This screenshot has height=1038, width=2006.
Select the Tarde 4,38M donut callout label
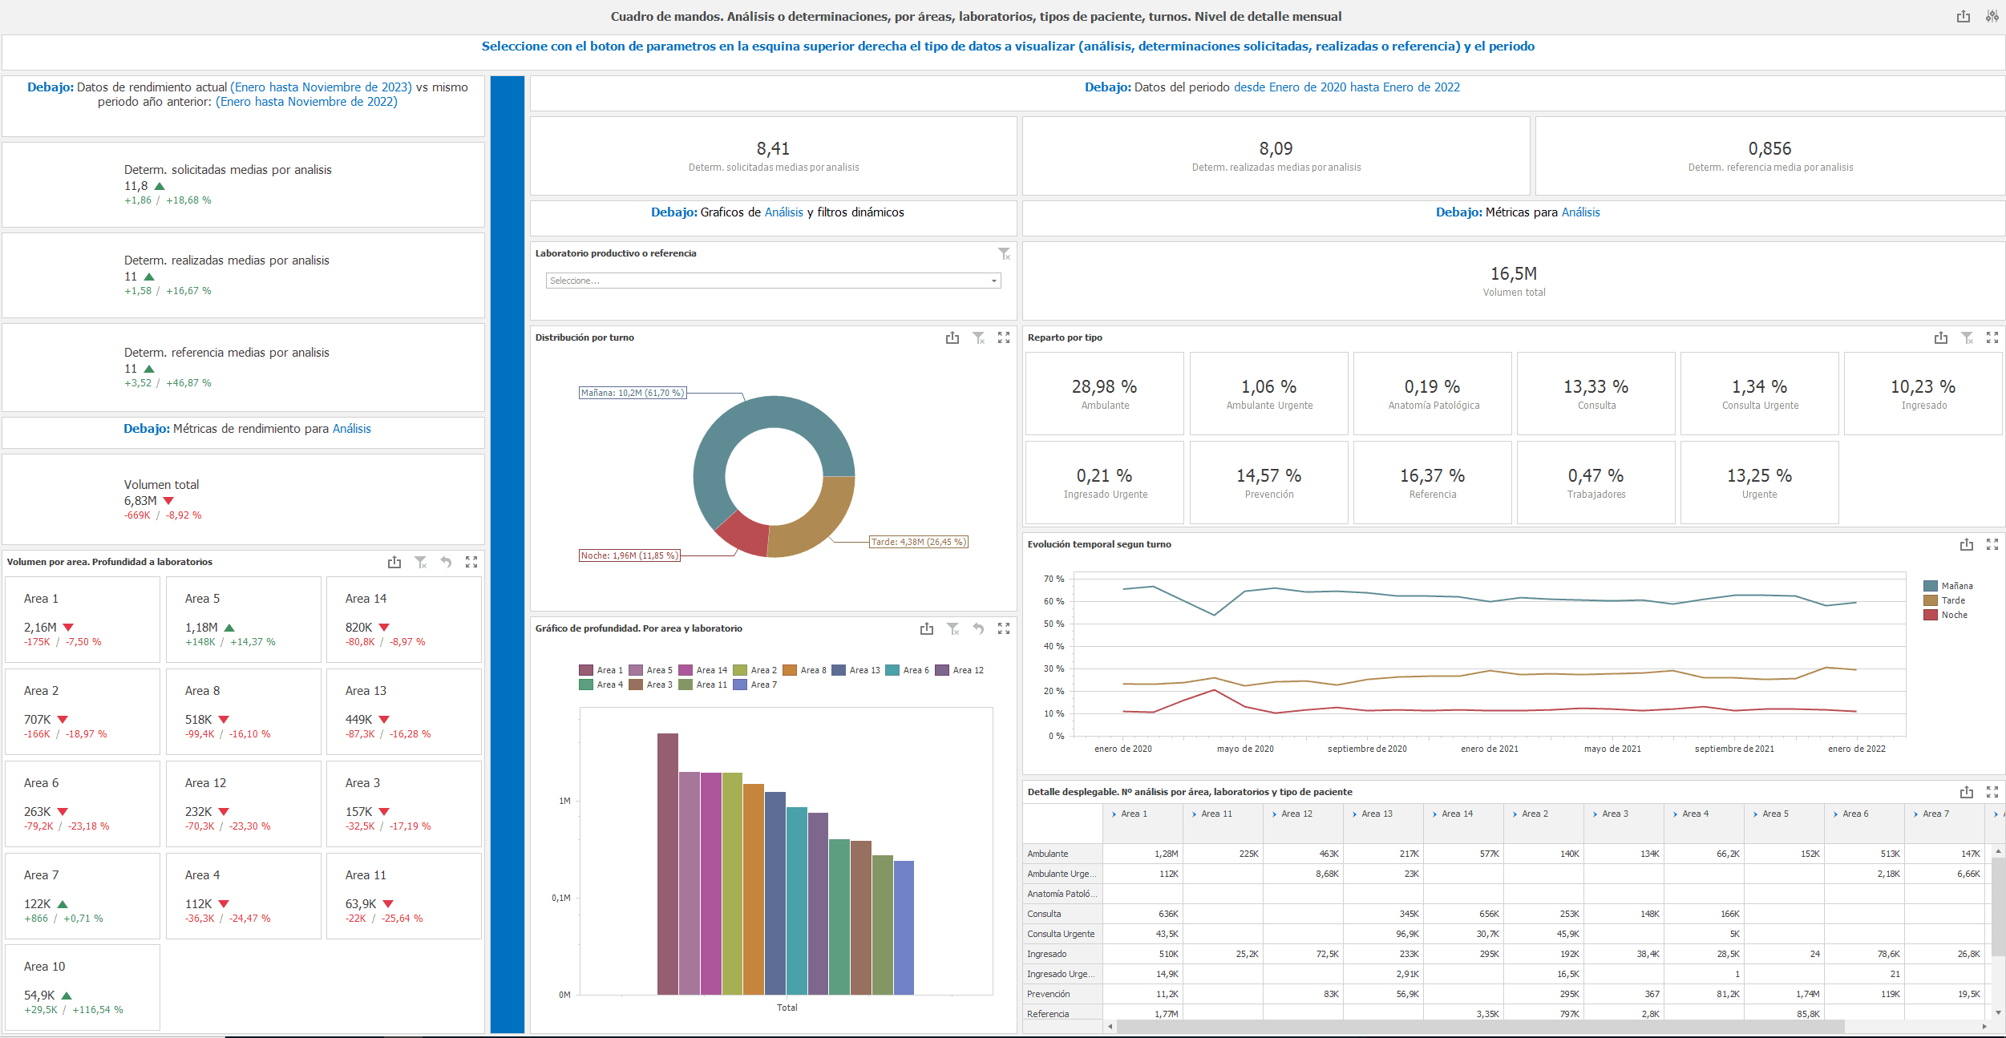pyautogui.click(x=919, y=542)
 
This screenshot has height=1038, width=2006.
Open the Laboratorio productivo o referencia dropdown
pyautogui.click(x=773, y=281)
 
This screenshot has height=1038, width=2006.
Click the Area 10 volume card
pyautogui.click(x=83, y=988)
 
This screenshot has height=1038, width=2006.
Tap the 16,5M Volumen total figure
pyautogui.click(x=1513, y=274)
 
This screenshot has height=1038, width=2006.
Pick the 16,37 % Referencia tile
pyautogui.click(x=1432, y=483)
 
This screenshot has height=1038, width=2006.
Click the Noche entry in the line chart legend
pyautogui.click(x=1954, y=615)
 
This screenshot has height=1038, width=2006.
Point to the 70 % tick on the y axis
pyautogui.click(x=1054, y=579)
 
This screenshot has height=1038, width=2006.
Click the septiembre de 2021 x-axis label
pyautogui.click(x=1734, y=749)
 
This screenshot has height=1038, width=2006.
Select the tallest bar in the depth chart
pyautogui.click(x=667, y=863)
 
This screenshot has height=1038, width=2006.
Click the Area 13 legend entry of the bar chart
pyautogui.click(x=856, y=670)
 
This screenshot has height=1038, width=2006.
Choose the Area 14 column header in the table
pyautogui.click(x=1457, y=814)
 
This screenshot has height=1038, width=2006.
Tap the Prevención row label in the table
pyautogui.click(x=1049, y=994)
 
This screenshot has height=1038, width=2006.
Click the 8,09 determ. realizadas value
pyautogui.click(x=1276, y=149)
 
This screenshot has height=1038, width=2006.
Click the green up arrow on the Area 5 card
pyautogui.click(x=229, y=628)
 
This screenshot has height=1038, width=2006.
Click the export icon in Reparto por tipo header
pyautogui.click(x=1940, y=338)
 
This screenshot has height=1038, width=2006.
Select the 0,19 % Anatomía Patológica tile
pyautogui.click(x=1432, y=394)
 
